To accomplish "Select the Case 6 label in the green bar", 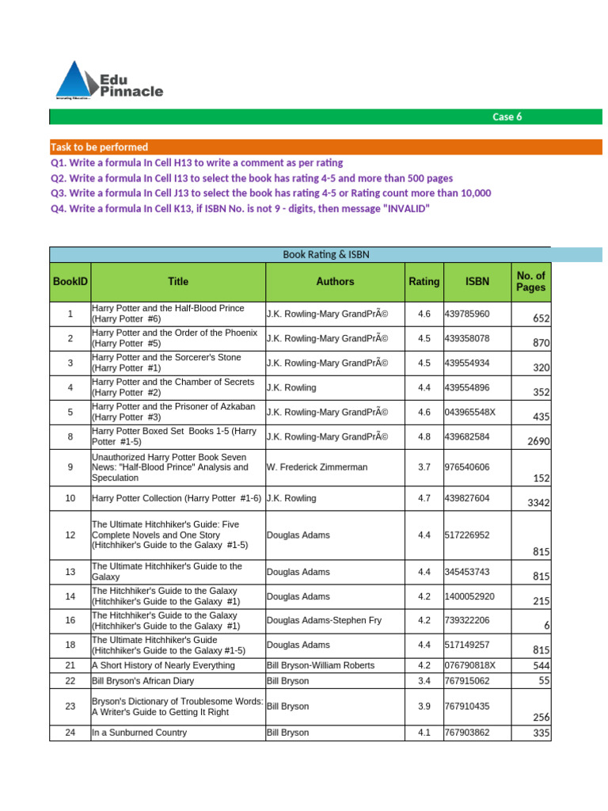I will pyautogui.click(x=507, y=116).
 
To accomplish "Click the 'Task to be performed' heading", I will pyautogui.click(x=99, y=147).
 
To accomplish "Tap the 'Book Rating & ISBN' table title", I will pyautogui.click(x=326, y=254).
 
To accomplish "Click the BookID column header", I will pyautogui.click(x=70, y=281).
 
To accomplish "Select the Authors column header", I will pyautogui.click(x=335, y=281).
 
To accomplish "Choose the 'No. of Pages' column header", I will pyautogui.click(x=530, y=281).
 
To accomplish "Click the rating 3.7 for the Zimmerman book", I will pyautogui.click(x=424, y=467).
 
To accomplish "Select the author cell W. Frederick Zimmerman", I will pyautogui.click(x=317, y=467).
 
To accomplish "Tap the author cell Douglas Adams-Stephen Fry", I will pyautogui.click(x=324, y=620).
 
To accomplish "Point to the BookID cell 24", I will pyautogui.click(x=70, y=733).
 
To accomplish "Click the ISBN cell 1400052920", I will pyautogui.click(x=470, y=596).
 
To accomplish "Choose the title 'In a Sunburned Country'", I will pyautogui.click(x=139, y=733).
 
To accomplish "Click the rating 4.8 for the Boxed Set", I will pyautogui.click(x=424, y=436).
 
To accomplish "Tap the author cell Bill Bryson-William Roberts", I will pyautogui.click(x=321, y=665).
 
